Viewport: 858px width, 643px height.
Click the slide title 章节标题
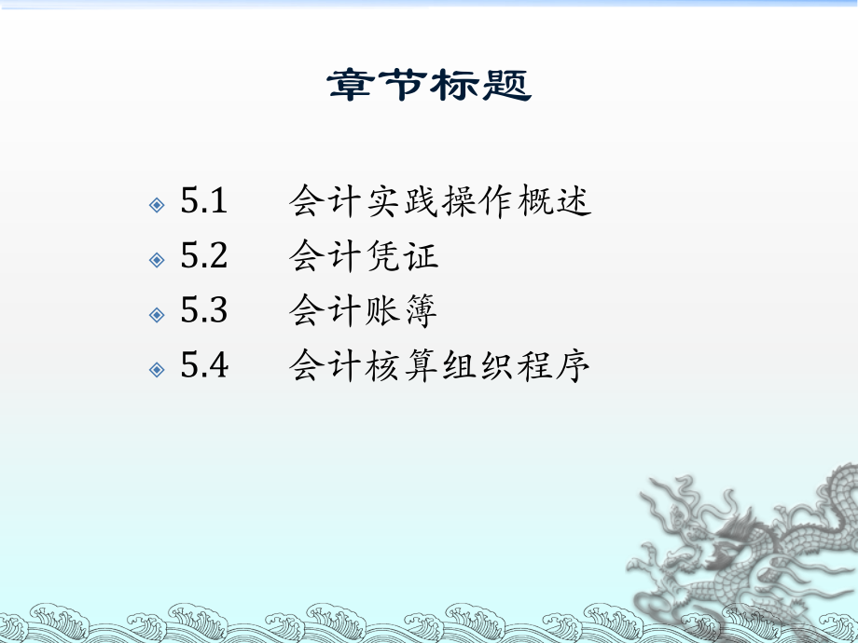429,87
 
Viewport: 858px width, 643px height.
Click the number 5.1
204,202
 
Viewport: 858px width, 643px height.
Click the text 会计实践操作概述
440,202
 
